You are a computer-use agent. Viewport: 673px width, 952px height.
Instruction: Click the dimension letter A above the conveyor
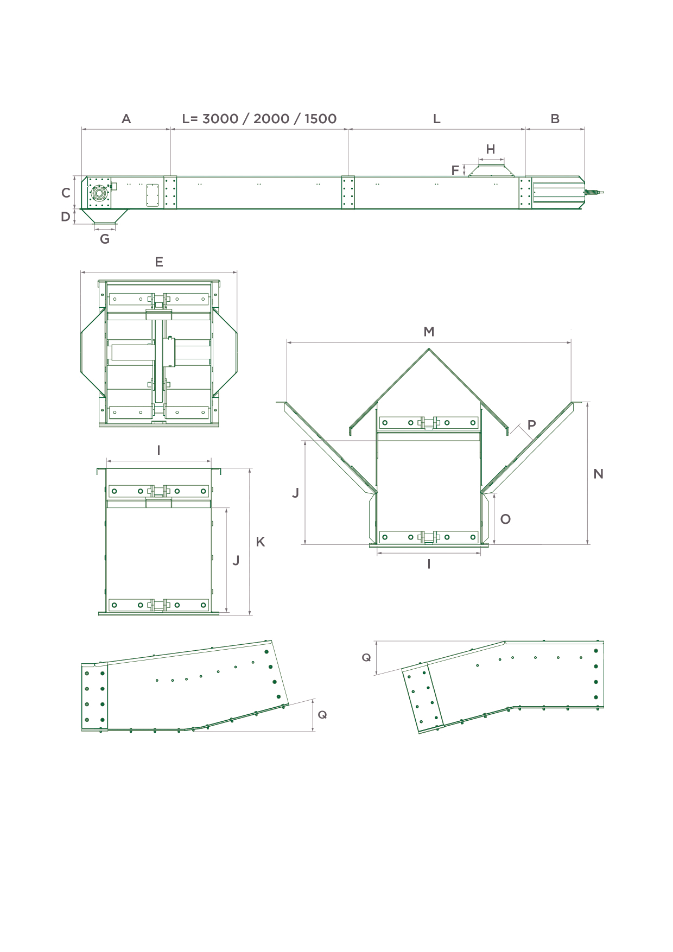pos(126,119)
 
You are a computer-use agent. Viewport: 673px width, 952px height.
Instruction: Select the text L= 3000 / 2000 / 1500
pos(259,119)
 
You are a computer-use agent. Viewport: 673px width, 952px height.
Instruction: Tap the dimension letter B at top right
pos(555,119)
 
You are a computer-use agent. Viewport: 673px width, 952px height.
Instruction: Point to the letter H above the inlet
pos(491,149)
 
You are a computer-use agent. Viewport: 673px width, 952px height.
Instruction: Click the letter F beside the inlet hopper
pos(455,170)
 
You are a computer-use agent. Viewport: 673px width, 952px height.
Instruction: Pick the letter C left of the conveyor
pos(66,193)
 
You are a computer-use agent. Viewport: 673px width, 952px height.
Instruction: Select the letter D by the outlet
pos(66,217)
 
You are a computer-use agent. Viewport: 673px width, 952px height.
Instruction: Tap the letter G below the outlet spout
pos(105,239)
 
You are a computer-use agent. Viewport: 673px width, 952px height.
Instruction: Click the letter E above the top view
pos(159,262)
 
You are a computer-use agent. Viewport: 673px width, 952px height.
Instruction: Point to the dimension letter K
pos(261,542)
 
